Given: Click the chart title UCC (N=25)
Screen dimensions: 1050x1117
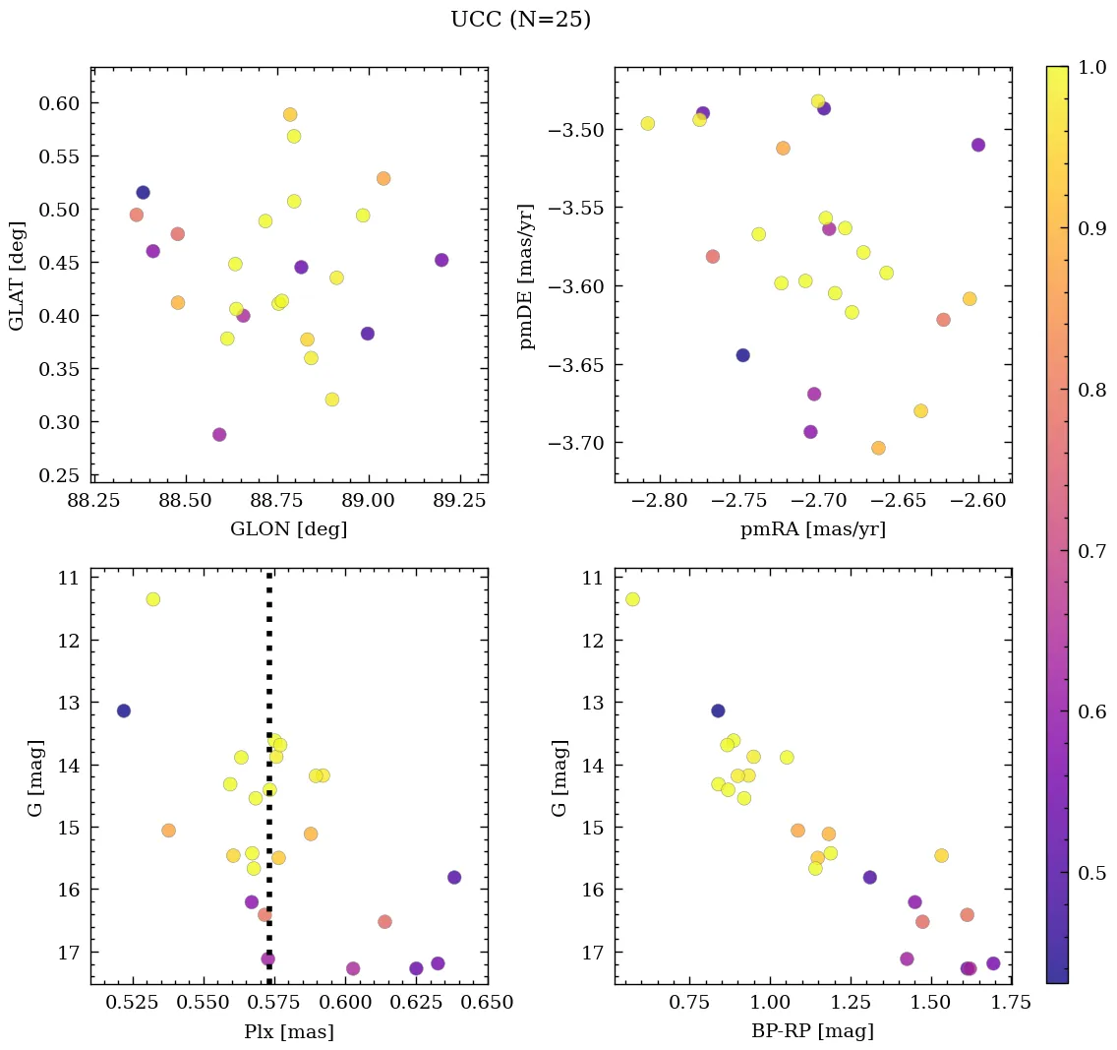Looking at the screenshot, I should click(520, 20).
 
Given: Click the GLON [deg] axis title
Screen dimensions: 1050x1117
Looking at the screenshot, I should click(288, 529).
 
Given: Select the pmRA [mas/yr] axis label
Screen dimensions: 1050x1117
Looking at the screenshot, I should click(812, 529).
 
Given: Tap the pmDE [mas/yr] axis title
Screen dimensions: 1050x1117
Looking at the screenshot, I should click(528, 276).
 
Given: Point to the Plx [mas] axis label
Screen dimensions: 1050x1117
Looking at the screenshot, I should click(288, 1032).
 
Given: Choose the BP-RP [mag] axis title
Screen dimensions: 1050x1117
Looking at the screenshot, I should click(812, 1032).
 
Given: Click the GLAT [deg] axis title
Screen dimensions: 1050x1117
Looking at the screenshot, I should click(17, 276).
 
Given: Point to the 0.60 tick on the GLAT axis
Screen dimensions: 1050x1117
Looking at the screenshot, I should click(59, 103).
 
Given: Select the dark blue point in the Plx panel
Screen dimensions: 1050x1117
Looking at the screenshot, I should click(123, 710).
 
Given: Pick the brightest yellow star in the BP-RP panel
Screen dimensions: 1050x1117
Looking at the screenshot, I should click(632, 599).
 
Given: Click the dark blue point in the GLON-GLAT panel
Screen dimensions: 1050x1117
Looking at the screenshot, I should click(143, 193).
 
